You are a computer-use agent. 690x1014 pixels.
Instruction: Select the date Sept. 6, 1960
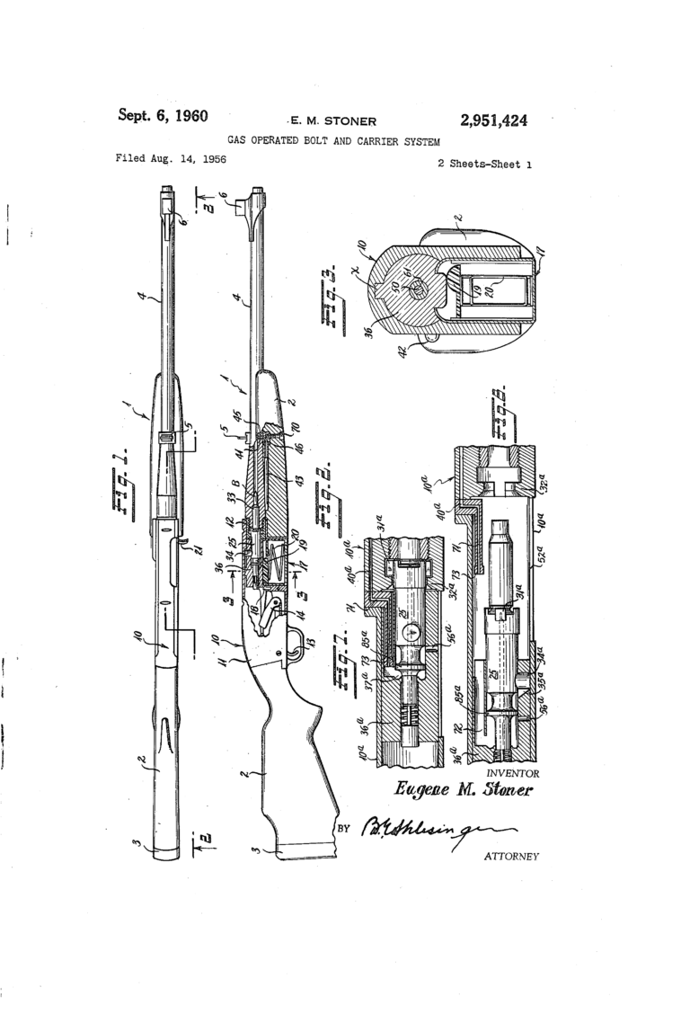(x=163, y=116)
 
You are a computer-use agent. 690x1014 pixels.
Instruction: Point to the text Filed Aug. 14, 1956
(x=171, y=159)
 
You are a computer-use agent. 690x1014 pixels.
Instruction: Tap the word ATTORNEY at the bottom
(x=511, y=856)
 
